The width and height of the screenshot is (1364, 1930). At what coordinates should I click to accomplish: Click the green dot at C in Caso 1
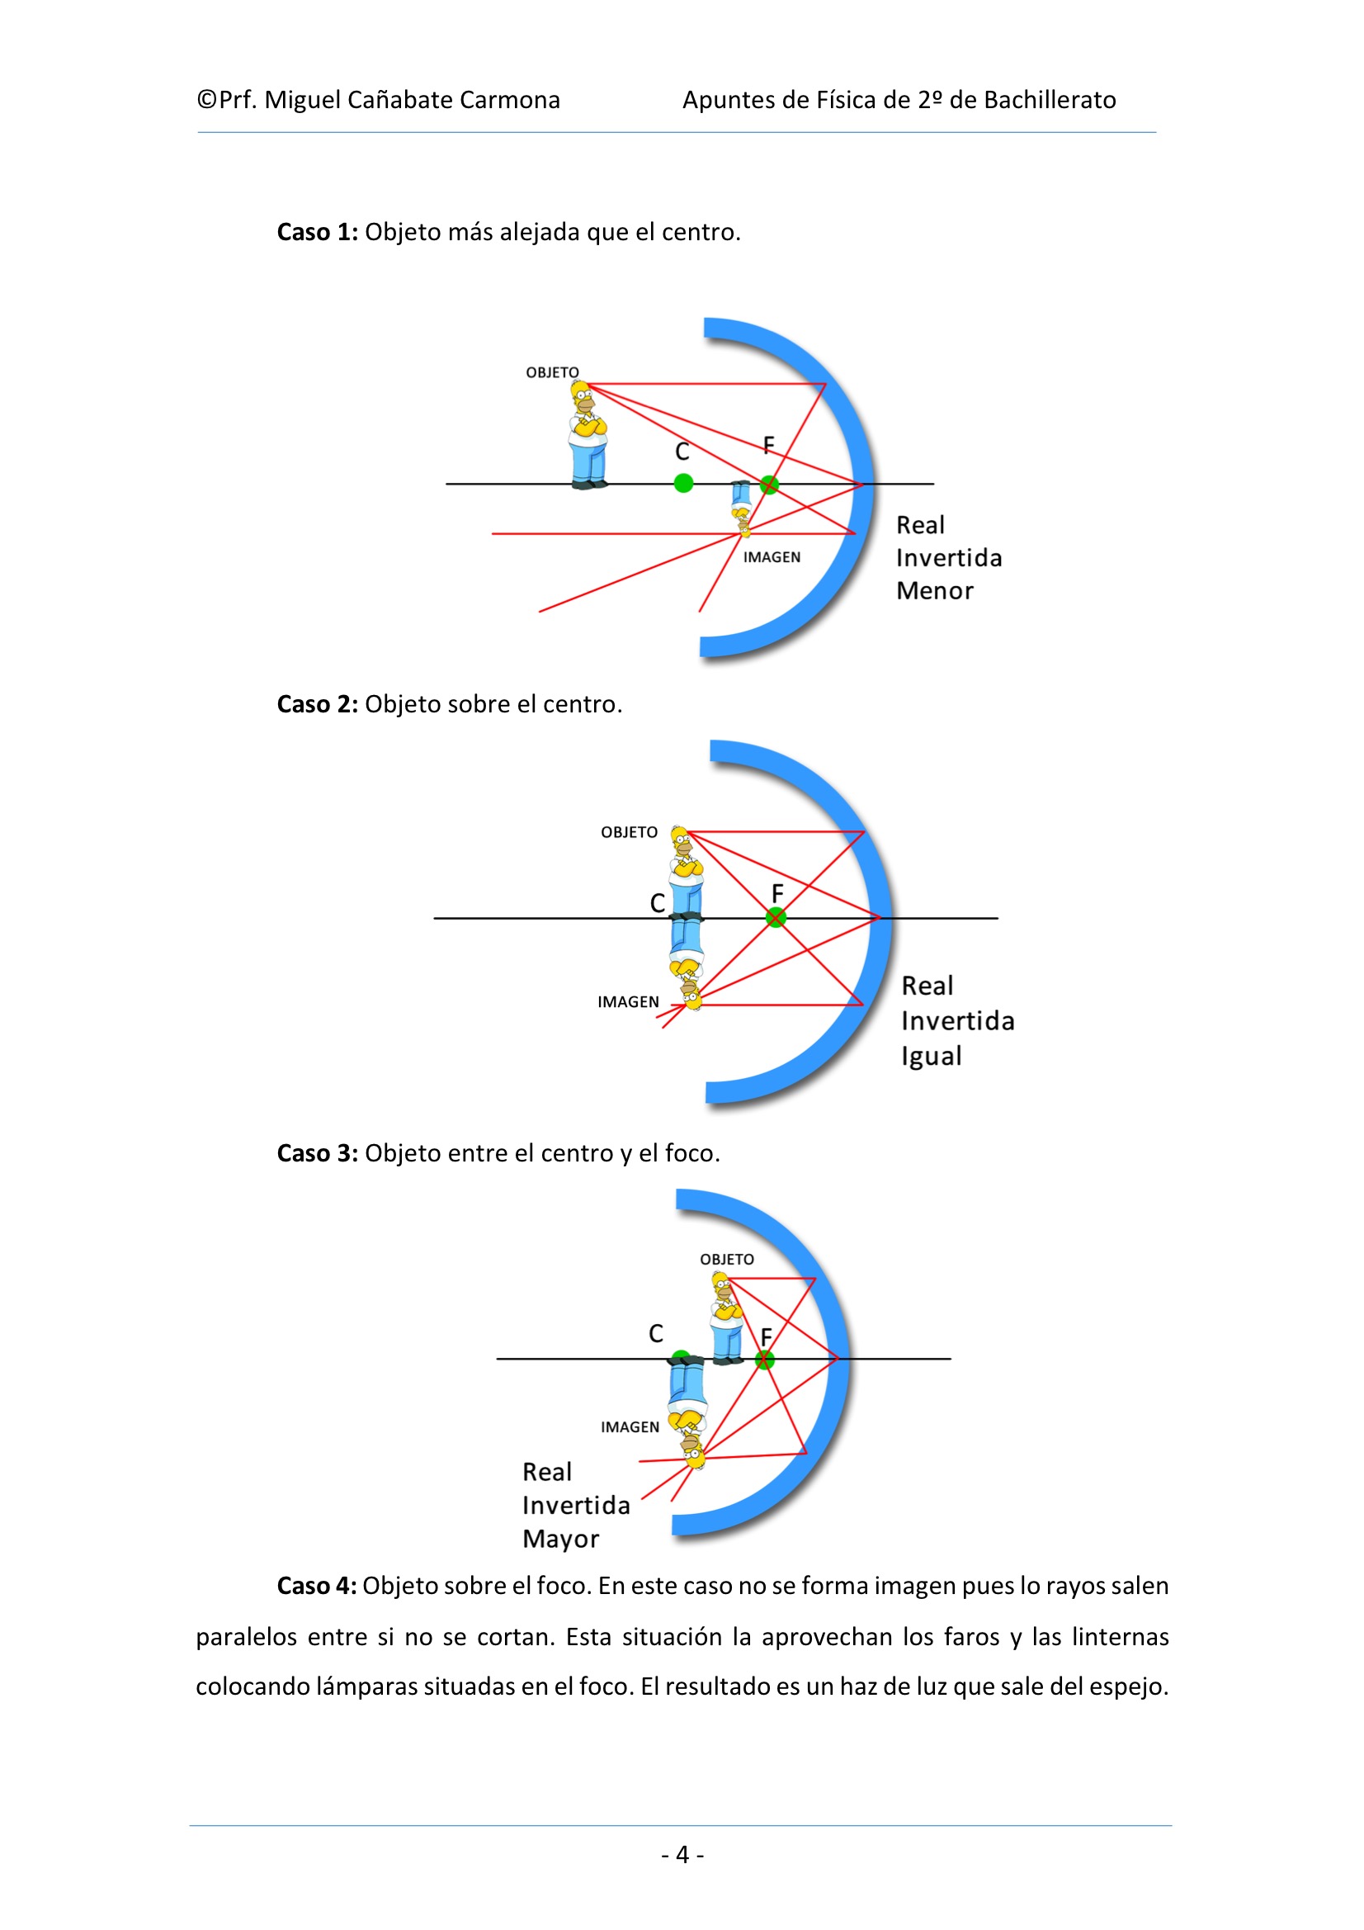click(683, 484)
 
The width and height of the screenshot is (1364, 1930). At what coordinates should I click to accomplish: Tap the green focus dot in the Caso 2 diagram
click(776, 918)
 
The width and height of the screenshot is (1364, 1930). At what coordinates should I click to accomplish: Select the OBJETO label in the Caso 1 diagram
click(552, 372)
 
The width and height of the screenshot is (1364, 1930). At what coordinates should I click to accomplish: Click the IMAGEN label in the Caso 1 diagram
click(772, 557)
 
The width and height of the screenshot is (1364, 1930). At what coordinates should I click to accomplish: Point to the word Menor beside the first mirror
click(935, 591)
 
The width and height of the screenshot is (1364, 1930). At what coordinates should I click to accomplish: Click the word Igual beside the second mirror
click(931, 1056)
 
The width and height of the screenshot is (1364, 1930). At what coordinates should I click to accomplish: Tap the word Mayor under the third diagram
click(560, 1539)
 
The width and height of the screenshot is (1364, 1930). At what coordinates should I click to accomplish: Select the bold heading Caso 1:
click(318, 232)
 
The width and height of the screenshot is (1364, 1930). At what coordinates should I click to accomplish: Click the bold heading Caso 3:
click(318, 1153)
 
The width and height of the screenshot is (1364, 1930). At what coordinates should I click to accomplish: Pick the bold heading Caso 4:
click(317, 1587)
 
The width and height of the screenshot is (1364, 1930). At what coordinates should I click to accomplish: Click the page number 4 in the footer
click(682, 1854)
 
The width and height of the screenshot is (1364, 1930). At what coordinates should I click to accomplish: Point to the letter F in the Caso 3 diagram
click(766, 1336)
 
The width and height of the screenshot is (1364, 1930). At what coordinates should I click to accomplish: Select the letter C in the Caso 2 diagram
click(657, 904)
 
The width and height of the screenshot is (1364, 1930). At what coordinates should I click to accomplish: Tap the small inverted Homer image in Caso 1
click(741, 508)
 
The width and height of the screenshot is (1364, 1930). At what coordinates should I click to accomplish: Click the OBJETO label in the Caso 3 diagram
click(727, 1259)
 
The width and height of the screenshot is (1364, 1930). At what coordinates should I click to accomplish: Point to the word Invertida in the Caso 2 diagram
click(957, 1021)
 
